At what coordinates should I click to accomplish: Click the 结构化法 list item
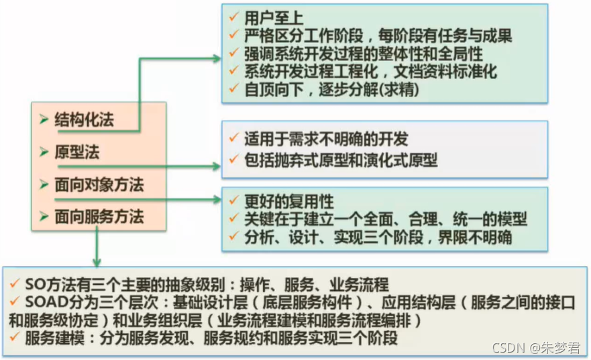coord(84,121)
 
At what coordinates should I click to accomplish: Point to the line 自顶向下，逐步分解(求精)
coord(323,88)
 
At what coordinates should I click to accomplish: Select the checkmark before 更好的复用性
coord(233,201)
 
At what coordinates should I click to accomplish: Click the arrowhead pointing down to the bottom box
coord(98,261)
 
